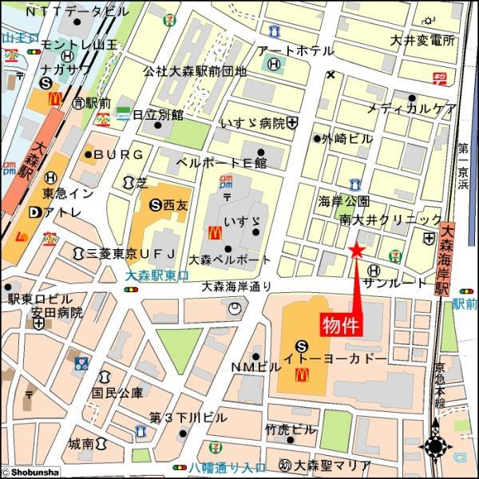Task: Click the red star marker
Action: (356, 251)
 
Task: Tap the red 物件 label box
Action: (341, 326)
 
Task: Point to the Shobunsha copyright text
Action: (30, 473)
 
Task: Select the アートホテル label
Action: (295, 51)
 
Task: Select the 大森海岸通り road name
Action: (236, 286)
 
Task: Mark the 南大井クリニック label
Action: (390, 219)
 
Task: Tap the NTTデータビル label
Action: (75, 12)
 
